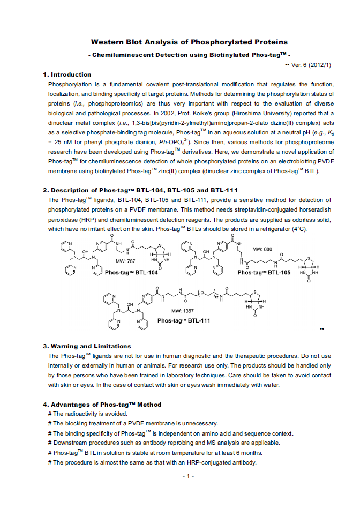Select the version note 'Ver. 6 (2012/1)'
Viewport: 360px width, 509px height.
coord(311,65)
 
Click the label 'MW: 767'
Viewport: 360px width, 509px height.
coord(126,260)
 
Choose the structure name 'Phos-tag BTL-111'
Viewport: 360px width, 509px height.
coord(184,321)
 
